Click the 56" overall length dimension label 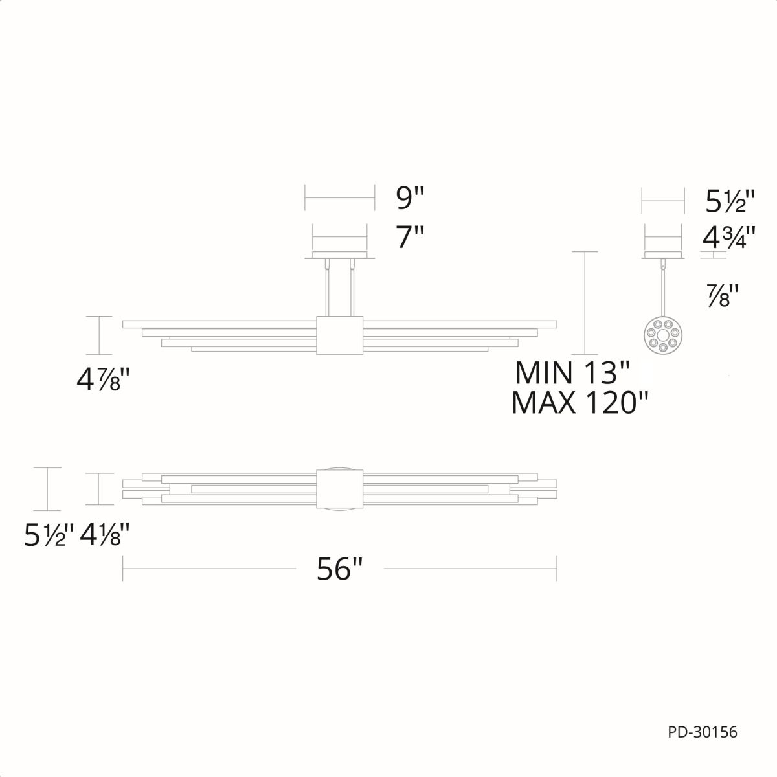click(x=339, y=569)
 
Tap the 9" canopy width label click(x=410, y=198)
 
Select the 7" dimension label click(x=410, y=237)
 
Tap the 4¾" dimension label click(x=728, y=238)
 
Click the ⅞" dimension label click(x=724, y=297)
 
